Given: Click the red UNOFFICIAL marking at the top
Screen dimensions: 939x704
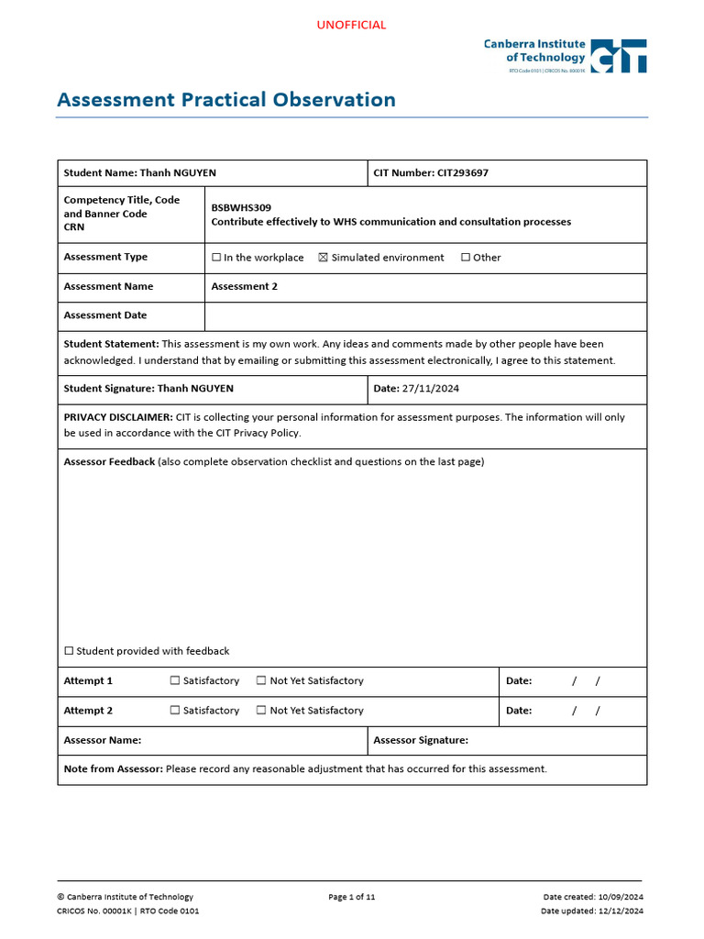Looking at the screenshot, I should (351, 25).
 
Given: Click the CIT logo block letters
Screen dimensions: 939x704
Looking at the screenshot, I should (619, 56).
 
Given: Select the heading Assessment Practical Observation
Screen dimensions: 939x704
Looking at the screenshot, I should (226, 100).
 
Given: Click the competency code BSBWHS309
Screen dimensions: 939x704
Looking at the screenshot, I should (241, 207).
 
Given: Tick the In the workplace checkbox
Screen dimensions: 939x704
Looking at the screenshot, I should (216, 258).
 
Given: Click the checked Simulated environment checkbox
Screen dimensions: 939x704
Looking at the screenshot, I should (323, 258).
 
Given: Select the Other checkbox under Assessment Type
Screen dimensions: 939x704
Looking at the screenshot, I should (466, 258).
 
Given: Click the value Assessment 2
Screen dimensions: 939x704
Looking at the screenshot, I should (244, 286).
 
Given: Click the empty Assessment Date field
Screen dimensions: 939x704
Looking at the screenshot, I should (425, 315).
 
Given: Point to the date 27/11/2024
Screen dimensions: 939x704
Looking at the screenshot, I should (430, 389).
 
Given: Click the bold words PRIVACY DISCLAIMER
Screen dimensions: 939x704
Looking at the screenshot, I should (118, 417).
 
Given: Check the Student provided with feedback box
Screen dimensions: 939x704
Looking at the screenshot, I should (69, 651).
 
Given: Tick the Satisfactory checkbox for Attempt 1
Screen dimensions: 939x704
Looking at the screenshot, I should (175, 681).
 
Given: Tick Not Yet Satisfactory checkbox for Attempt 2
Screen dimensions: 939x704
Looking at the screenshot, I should (261, 711).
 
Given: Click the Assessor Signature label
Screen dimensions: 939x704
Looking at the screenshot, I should (421, 740).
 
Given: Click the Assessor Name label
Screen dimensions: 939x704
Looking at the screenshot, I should (102, 740).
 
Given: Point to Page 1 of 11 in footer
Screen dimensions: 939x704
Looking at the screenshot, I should (351, 897).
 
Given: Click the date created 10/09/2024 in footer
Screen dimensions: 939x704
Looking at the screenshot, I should (621, 897).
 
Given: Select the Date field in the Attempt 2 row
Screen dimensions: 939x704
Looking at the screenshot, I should (573, 711).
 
